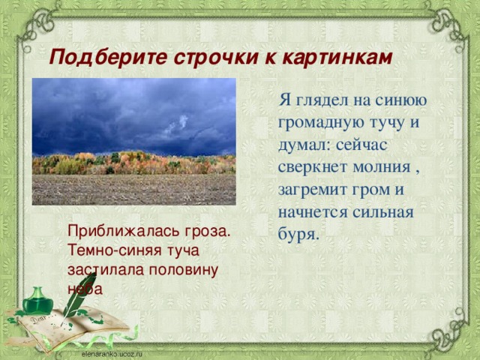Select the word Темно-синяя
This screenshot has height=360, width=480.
[x=109, y=250]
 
